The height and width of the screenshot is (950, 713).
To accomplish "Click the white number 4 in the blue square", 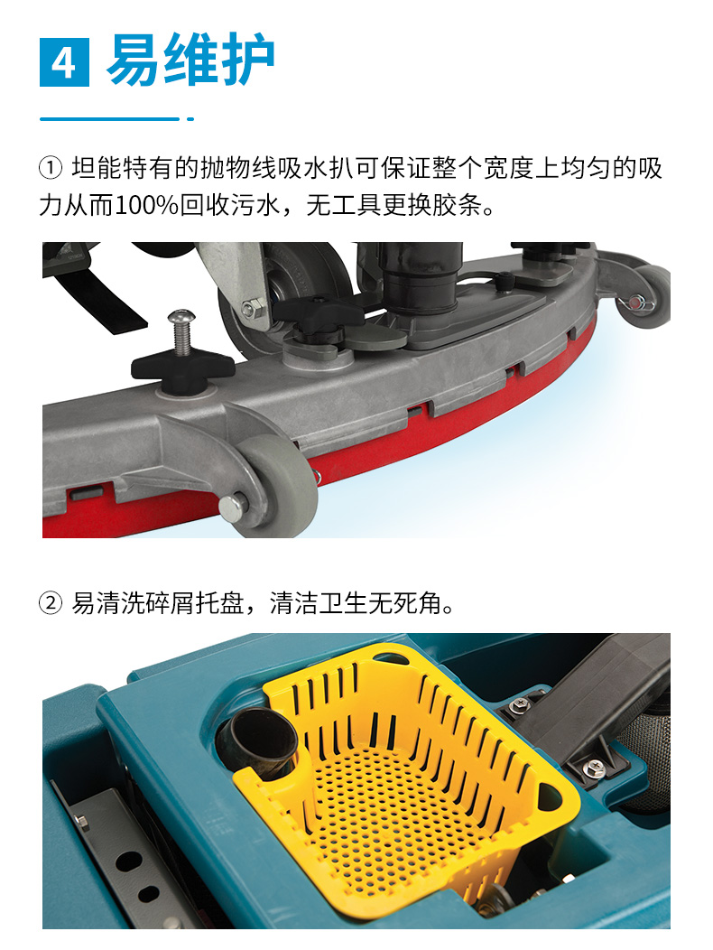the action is point(63,63).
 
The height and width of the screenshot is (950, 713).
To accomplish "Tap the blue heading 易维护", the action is point(190,60).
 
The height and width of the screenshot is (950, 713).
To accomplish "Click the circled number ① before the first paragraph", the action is point(51,168).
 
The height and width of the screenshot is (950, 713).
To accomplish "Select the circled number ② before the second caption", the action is point(51,602).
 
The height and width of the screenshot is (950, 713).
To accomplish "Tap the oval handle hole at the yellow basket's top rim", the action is point(392,657).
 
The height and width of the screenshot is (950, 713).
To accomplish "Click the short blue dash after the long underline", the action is point(190,119).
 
